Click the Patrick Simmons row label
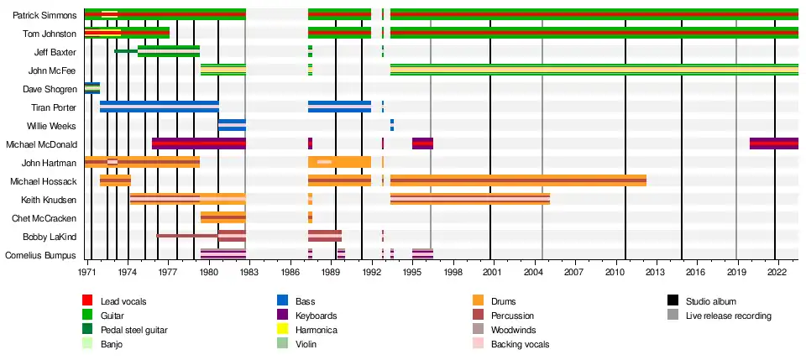coord(45,15)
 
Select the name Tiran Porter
coord(53,107)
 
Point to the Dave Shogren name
coord(50,89)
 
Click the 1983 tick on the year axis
coord(246,273)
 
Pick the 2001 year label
coord(492,273)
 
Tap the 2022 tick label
coord(775,273)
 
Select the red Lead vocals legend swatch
coord(86,301)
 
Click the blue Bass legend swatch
coord(282,301)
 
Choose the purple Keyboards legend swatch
coord(282,316)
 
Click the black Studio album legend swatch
coord(673,301)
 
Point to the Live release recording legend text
coord(728,316)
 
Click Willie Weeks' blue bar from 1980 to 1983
coord(232,126)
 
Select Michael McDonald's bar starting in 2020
coord(773,143)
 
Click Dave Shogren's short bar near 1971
coord(92,88)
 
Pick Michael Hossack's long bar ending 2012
coord(518,180)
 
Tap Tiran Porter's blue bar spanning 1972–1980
coord(160,107)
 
